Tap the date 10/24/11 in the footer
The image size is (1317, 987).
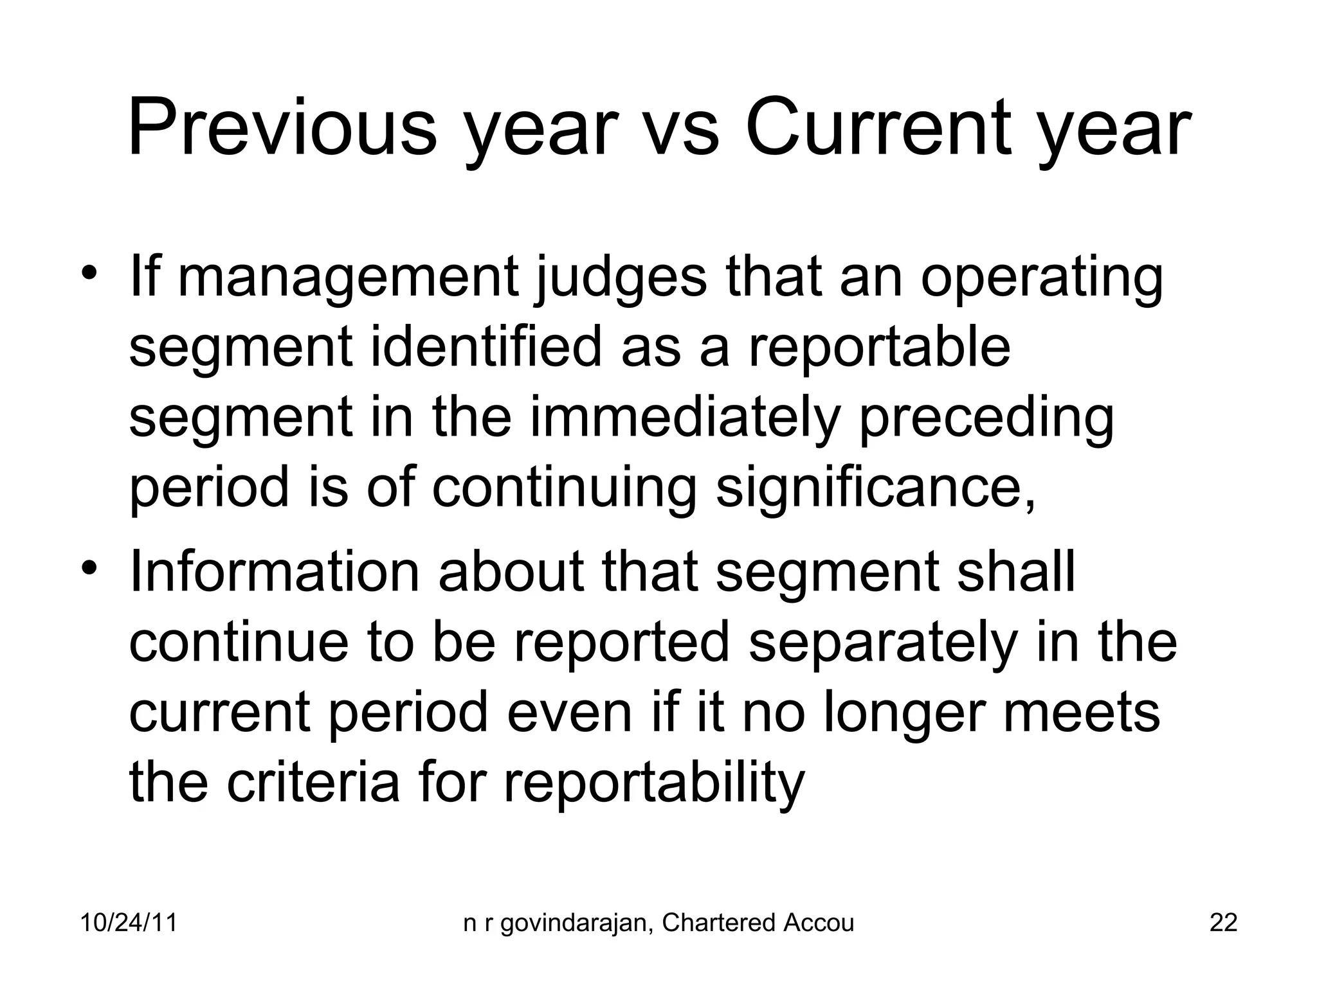pyautogui.click(x=129, y=923)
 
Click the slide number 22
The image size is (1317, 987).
pyautogui.click(x=1223, y=923)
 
